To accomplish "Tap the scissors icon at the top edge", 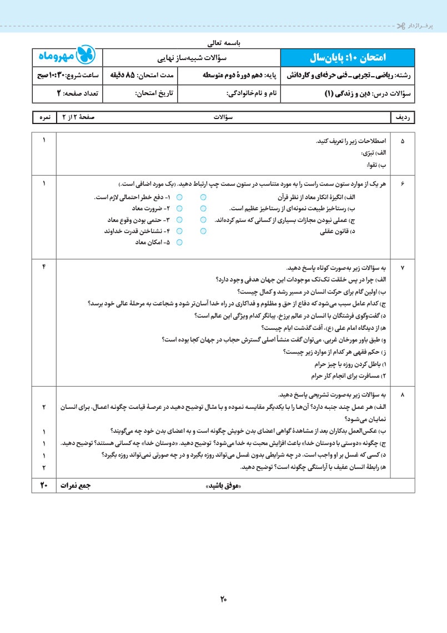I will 401,26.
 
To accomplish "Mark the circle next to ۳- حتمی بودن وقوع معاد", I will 179,220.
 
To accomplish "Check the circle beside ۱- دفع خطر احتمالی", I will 179,197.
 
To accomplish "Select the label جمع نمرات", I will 75,486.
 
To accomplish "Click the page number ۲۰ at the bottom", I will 223,599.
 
